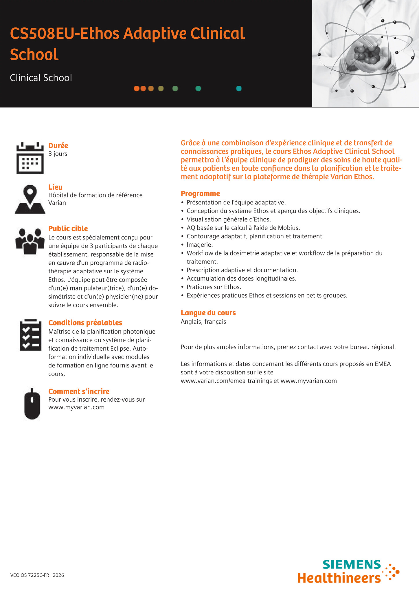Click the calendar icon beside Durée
[30, 158]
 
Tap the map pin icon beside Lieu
[30, 199]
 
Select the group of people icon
[30, 241]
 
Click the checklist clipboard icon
[30, 335]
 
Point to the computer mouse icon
[32, 404]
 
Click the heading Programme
[200, 193]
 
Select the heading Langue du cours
[208, 313]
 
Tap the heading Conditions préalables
[85, 323]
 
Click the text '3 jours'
[58, 154]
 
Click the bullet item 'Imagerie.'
[200, 245]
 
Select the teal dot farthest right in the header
[239, 89]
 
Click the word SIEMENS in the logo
[352, 565]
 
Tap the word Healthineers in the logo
[339, 578]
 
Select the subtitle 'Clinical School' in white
[41, 78]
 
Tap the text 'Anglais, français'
[203, 322]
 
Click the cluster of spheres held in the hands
[366, 54]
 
